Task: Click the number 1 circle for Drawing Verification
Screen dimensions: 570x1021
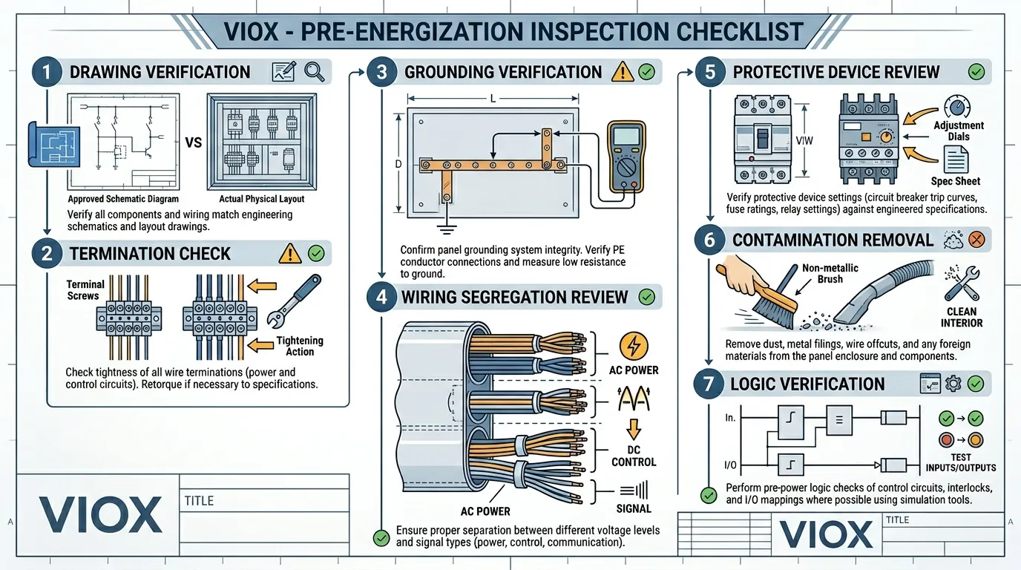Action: pyautogui.click(x=46, y=73)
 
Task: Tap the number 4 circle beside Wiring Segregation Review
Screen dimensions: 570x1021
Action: pyautogui.click(x=381, y=297)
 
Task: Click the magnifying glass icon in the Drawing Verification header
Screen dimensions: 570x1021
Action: pyautogui.click(x=315, y=71)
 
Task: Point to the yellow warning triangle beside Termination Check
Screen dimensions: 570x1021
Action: pyautogui.click(x=289, y=254)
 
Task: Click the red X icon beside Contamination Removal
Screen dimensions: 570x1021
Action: pyautogui.click(x=976, y=240)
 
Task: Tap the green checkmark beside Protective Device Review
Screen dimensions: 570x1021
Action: pyautogui.click(x=976, y=72)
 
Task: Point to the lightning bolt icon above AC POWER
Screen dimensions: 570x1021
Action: pyautogui.click(x=633, y=347)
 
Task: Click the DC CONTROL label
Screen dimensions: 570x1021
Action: pyautogui.click(x=633, y=456)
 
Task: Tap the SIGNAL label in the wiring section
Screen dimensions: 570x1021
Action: pyautogui.click(x=633, y=508)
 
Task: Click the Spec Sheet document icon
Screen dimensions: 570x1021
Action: pyautogui.click(x=956, y=160)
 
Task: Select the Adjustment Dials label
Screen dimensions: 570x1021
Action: pyautogui.click(x=959, y=131)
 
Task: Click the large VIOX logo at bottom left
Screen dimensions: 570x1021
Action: pyautogui.click(x=100, y=515)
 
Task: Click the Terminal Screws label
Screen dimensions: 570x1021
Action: pyautogui.click(x=85, y=289)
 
